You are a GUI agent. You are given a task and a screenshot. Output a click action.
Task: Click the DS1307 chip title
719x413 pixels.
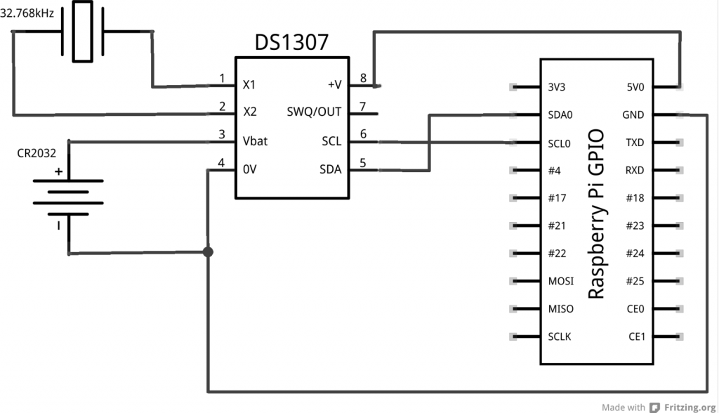click(x=291, y=43)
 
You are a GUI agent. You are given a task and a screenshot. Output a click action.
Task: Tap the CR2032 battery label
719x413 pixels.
click(x=37, y=152)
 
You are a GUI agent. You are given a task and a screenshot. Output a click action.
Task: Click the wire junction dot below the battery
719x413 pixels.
click(x=208, y=252)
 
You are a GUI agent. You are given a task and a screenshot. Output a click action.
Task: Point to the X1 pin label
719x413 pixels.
click(x=249, y=85)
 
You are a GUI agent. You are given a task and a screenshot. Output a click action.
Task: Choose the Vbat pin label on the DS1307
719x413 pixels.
click(x=254, y=141)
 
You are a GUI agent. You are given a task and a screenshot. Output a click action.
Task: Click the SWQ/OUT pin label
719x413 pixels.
click(x=314, y=112)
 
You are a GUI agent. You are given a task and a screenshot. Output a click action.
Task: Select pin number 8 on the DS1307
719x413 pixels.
click(x=363, y=77)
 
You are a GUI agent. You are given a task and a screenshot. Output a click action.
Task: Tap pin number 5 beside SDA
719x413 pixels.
click(x=363, y=162)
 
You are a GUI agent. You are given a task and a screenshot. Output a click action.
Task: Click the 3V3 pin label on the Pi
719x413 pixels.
click(x=556, y=88)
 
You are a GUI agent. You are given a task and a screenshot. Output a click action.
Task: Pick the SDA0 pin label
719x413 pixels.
click(x=559, y=115)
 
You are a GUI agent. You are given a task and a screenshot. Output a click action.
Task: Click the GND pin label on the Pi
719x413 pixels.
click(x=633, y=115)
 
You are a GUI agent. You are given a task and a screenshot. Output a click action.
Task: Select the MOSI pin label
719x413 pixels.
click(x=560, y=281)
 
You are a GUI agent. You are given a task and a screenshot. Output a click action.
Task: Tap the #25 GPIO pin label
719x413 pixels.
click(x=635, y=281)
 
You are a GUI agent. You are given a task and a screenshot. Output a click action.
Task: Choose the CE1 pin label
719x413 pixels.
click(x=637, y=336)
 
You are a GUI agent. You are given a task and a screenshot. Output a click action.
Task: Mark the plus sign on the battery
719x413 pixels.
click(x=58, y=171)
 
